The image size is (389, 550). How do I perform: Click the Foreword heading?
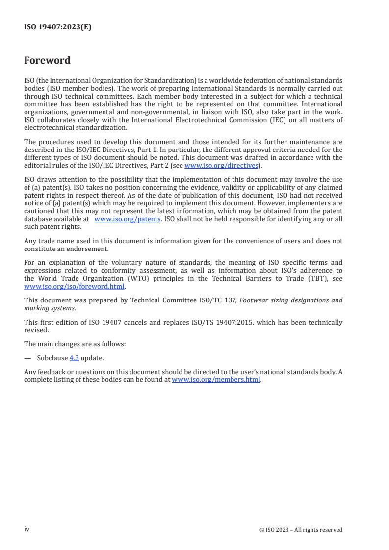click(x=47, y=61)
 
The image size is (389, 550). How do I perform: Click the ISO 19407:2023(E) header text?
click(x=57, y=27)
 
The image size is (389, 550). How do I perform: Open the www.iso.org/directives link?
click(x=221, y=166)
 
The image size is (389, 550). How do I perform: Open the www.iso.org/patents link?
click(x=127, y=219)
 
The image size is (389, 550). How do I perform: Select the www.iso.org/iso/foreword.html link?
click(x=75, y=287)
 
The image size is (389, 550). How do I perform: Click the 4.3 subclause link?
click(x=74, y=358)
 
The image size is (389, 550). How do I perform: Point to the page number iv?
click(x=27, y=529)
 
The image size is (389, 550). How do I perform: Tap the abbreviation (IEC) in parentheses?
click(x=262, y=120)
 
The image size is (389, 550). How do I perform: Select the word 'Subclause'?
click(x=52, y=358)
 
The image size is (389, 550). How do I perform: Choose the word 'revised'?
click(x=35, y=330)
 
